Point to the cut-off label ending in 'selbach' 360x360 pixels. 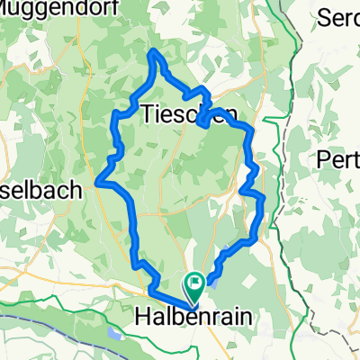[41, 190]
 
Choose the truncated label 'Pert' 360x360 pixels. [338, 159]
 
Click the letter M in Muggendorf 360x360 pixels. [8, 10]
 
